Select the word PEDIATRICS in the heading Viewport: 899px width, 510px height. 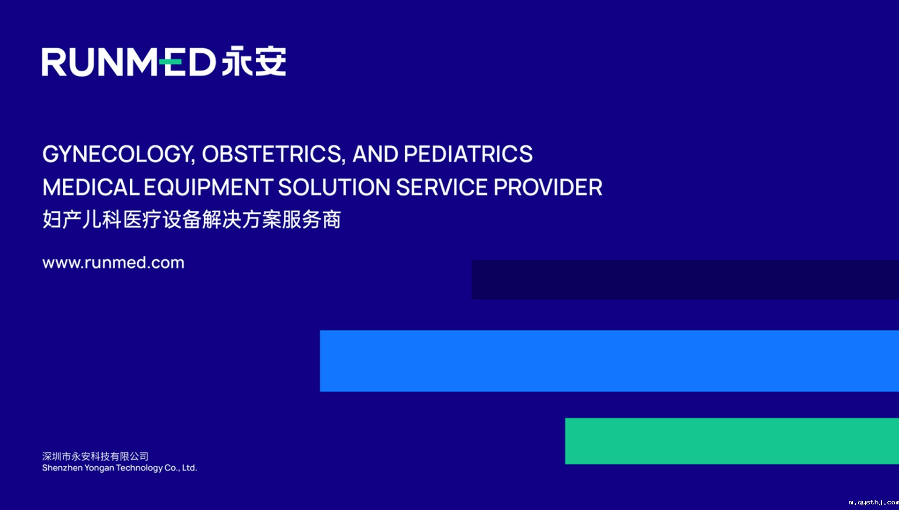(468, 154)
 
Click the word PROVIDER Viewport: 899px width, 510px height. (548, 187)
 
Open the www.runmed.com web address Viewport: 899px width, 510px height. (113, 262)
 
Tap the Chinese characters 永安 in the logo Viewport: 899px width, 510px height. (254, 60)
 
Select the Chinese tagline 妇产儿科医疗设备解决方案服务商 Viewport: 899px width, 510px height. (192, 219)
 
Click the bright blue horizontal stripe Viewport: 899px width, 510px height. (609, 361)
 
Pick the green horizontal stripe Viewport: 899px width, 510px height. (732, 441)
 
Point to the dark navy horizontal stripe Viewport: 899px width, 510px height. (685, 280)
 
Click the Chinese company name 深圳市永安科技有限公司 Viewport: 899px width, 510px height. (96, 456)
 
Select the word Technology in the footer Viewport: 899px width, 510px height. (140, 468)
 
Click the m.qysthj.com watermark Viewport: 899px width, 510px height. (874, 502)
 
